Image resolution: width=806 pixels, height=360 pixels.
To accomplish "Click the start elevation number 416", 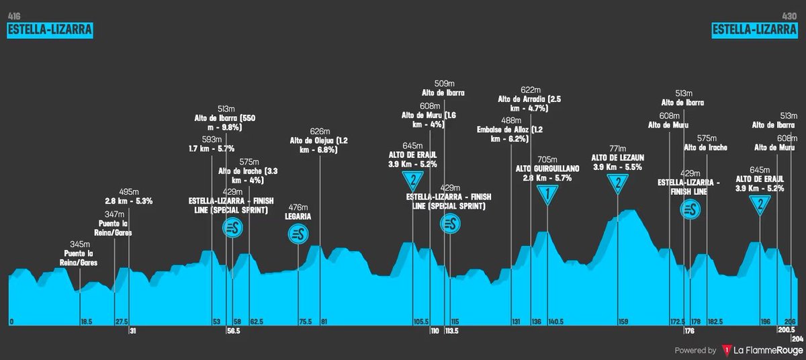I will click(x=13, y=15).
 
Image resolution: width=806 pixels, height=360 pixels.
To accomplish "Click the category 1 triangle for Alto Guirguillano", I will click(x=548, y=194).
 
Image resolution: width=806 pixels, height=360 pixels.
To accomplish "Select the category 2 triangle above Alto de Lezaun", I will click(x=617, y=183).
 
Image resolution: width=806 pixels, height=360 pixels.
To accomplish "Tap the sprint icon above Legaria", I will click(x=298, y=234).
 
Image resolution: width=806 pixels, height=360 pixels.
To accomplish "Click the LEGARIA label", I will click(x=298, y=216).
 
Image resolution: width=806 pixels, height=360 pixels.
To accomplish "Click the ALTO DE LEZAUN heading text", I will click(x=617, y=157).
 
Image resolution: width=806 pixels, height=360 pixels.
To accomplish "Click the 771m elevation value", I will click(x=617, y=148).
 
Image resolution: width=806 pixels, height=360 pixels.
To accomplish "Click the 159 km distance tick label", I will click(x=623, y=322).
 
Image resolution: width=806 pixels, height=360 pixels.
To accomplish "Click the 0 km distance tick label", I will click(x=12, y=322).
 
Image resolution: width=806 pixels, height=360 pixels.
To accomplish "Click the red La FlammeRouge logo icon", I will click(x=727, y=350).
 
